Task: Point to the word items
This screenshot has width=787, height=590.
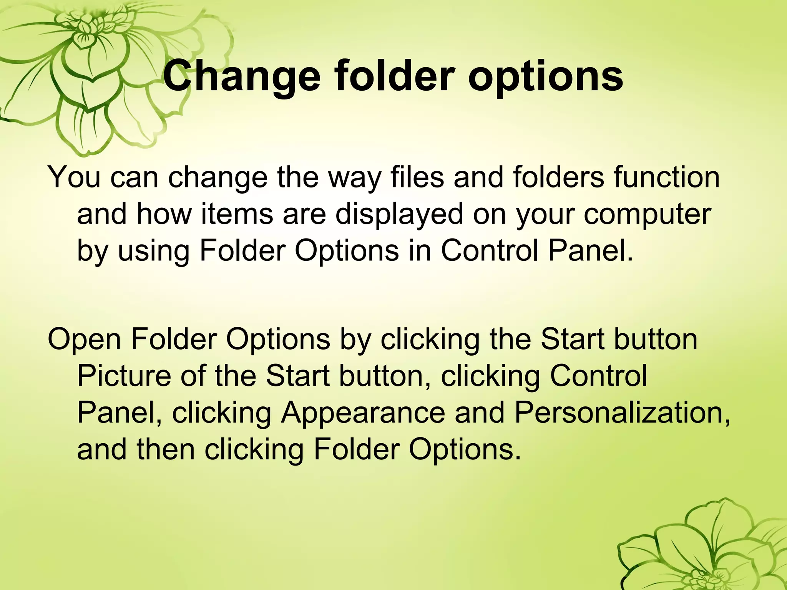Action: point(237,214)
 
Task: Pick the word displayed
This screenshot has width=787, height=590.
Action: point(399,214)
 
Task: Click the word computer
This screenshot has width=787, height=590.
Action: point(648,214)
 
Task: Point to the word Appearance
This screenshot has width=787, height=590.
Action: point(363,413)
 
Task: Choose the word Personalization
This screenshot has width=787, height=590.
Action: point(622,413)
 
